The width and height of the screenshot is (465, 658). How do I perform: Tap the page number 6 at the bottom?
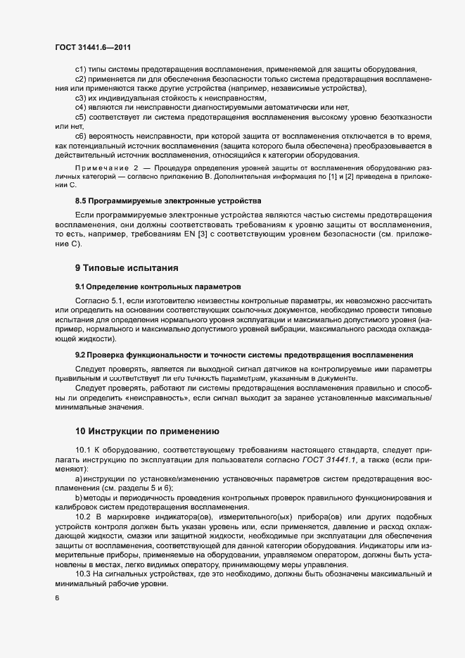(57, 598)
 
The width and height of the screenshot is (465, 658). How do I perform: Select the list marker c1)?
(80, 69)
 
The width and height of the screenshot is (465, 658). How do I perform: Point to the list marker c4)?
(80, 106)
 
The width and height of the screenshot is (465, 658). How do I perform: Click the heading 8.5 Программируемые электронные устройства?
(167, 201)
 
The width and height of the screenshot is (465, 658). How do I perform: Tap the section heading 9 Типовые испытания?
(127, 268)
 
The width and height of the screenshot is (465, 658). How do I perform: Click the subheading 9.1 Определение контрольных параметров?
(158, 287)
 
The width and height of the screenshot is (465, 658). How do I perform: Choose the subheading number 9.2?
(80, 353)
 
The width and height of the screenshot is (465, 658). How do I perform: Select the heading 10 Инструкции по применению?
(147, 431)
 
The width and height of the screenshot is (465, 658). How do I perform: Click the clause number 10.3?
(83, 572)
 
